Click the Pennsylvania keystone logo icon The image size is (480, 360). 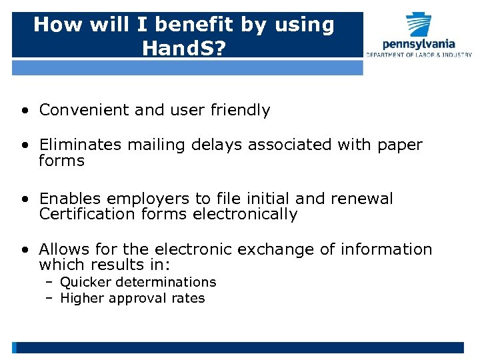(x=419, y=25)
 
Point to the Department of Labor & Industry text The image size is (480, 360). (x=419, y=55)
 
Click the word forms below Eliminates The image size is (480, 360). (x=62, y=161)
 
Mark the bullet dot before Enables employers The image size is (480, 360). (x=24, y=199)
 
